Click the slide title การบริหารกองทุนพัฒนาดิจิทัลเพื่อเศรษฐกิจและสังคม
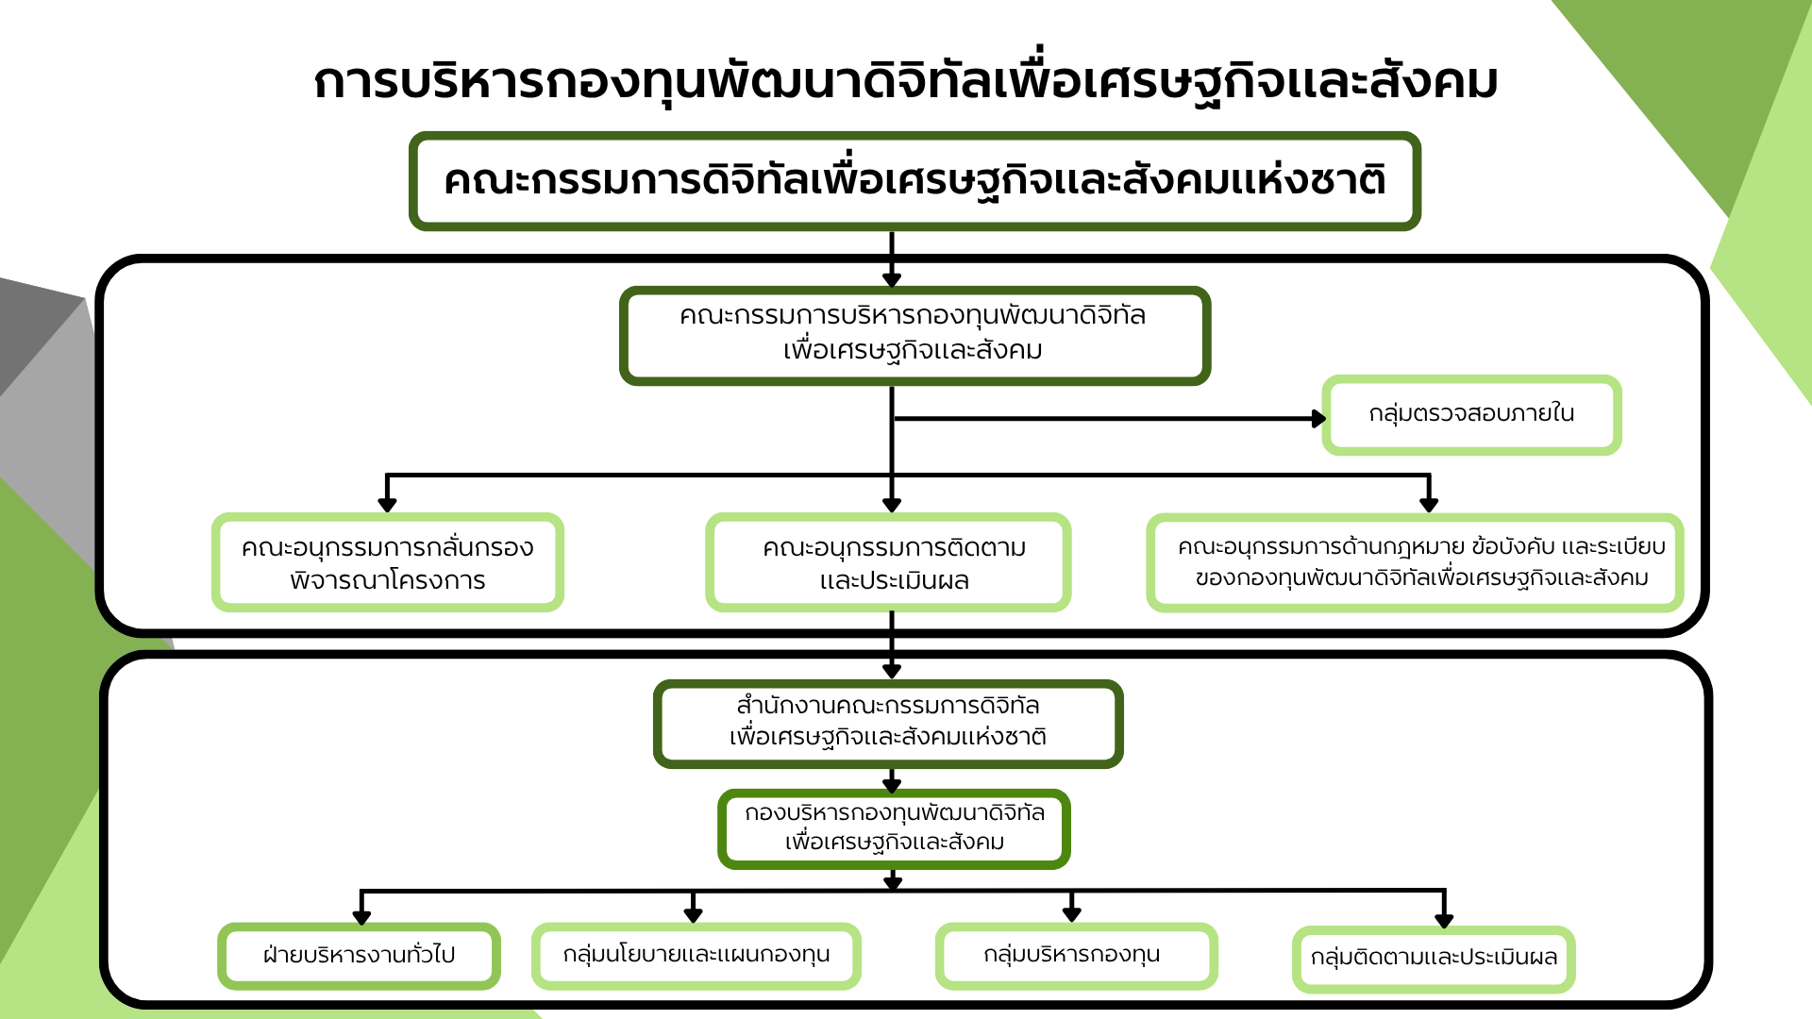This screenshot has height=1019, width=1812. tap(906, 80)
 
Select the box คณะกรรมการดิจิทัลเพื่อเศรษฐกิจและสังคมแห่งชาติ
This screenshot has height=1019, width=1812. tap(914, 181)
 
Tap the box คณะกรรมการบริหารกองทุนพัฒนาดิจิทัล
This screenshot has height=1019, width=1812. tap(914, 336)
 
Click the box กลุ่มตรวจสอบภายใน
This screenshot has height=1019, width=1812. tap(1471, 415)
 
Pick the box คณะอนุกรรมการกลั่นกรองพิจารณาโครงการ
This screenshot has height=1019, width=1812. tap(388, 562)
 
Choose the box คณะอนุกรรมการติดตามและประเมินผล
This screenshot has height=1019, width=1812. tap(888, 562)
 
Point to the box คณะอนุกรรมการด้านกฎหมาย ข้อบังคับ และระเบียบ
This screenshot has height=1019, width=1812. tap(1415, 562)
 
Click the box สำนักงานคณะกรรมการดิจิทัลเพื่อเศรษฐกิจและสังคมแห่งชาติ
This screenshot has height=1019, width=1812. tap(888, 724)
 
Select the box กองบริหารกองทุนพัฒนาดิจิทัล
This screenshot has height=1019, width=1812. tap(894, 828)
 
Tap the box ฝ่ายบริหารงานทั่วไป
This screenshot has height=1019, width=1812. tap(359, 956)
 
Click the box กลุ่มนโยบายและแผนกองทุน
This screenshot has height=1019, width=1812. tap(696, 956)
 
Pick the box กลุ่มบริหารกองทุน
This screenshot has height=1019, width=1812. tap(1076, 956)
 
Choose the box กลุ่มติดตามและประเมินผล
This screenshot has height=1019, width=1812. tap(1434, 959)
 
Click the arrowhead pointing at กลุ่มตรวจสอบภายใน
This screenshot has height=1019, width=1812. tap(1319, 418)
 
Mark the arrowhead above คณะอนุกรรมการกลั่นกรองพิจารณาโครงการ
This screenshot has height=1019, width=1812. tap(387, 505)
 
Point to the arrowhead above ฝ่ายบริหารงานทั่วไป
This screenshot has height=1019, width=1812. tap(361, 917)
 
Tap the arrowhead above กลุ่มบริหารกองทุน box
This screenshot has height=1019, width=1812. tap(1071, 913)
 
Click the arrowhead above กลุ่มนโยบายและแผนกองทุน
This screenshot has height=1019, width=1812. tap(694, 914)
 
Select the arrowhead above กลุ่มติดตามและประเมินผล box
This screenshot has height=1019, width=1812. tap(1444, 920)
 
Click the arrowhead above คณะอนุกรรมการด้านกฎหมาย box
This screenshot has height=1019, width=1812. tap(1429, 505)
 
